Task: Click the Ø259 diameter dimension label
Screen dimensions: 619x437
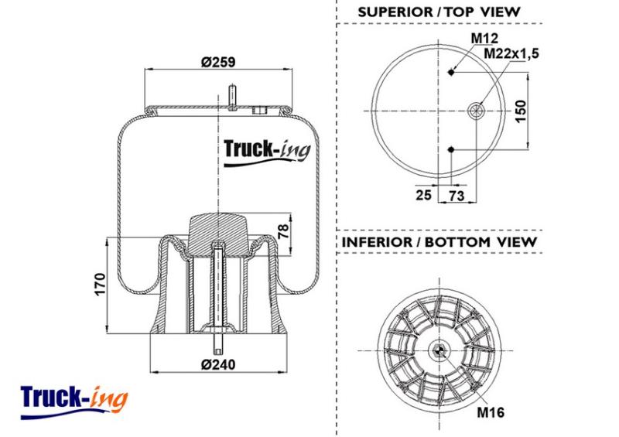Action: [x=218, y=62]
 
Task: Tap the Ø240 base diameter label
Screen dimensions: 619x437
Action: [x=218, y=364]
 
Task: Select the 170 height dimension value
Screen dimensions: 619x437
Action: [x=101, y=284]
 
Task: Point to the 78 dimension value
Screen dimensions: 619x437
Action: [x=284, y=231]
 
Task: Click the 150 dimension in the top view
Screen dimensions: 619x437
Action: [x=521, y=111]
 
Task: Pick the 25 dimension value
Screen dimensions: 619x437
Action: [x=423, y=195]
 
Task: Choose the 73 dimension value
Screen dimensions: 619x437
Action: [x=457, y=195]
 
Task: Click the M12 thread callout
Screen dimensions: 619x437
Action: [x=485, y=39]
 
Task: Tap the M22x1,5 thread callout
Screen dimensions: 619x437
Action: [x=511, y=53]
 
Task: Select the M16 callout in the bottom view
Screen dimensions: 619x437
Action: [x=491, y=412]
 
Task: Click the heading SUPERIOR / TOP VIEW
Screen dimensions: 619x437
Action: [x=439, y=12]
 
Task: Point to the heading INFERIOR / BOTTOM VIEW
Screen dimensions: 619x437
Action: [x=439, y=242]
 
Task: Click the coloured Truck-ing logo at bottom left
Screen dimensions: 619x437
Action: [x=74, y=402]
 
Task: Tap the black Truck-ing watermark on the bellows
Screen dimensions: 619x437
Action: [x=267, y=152]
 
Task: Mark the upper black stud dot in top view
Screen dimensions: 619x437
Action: [x=452, y=72]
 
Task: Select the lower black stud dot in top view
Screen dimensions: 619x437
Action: [x=452, y=149]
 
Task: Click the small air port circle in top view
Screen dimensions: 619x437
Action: [x=476, y=111]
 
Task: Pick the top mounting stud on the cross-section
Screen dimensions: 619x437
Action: [x=233, y=97]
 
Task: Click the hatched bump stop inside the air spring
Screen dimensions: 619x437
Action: [x=218, y=234]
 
